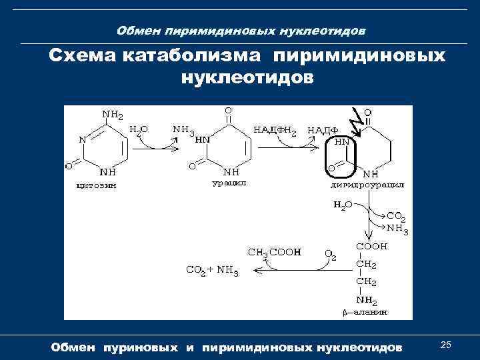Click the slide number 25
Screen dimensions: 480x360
pyautogui.click(x=447, y=344)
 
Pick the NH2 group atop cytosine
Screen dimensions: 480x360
pyautogui.click(x=112, y=114)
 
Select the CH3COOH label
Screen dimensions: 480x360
pyautogui.click(x=274, y=253)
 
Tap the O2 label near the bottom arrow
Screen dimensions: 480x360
pyautogui.click(x=330, y=254)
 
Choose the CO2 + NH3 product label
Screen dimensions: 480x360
pyautogui.click(x=211, y=270)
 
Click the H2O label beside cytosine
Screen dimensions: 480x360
pyautogui.click(x=138, y=130)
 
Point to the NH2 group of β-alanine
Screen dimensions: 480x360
pyautogui.click(x=366, y=300)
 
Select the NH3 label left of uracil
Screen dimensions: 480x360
pyautogui.click(x=182, y=130)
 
